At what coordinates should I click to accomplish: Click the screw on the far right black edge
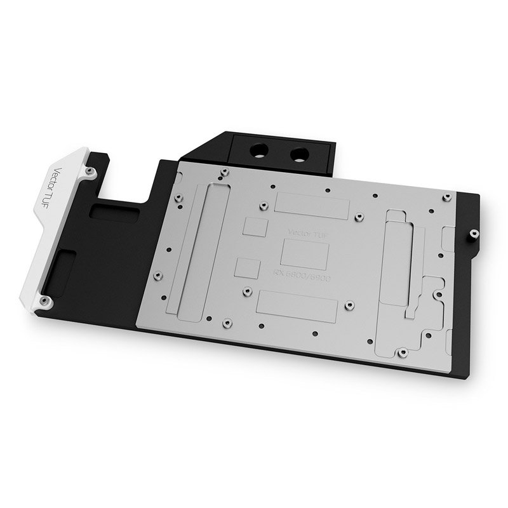472,234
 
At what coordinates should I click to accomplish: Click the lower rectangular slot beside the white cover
61,267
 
